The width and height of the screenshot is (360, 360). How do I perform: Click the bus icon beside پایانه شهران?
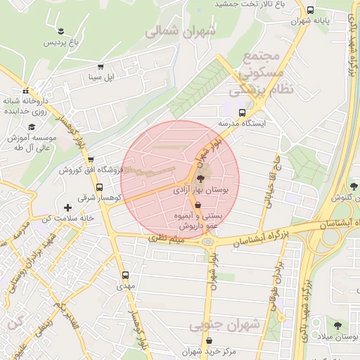pyautogui.click(x=310, y=10)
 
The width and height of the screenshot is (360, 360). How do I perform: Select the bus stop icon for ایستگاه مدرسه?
pyautogui.click(x=243, y=112)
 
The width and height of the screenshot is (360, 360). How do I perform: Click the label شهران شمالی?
pyautogui.click(x=172, y=31)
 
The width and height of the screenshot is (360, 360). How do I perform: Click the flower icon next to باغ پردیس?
pyautogui.click(x=63, y=30)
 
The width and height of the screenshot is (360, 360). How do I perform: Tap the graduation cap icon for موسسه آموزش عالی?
pyautogui.click(x=31, y=127)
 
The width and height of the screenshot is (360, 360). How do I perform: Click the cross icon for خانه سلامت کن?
pyautogui.click(x=67, y=207)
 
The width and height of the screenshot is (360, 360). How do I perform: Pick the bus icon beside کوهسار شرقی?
pyautogui.click(x=99, y=188)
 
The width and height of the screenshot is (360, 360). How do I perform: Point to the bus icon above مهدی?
pyautogui.click(x=125, y=275)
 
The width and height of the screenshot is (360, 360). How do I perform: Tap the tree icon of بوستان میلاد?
pyautogui.click(x=337, y=326)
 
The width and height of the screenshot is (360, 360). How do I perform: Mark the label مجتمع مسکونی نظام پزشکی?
pyautogui.click(x=256, y=72)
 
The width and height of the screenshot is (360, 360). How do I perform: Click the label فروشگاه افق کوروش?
pyautogui.click(x=91, y=170)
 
